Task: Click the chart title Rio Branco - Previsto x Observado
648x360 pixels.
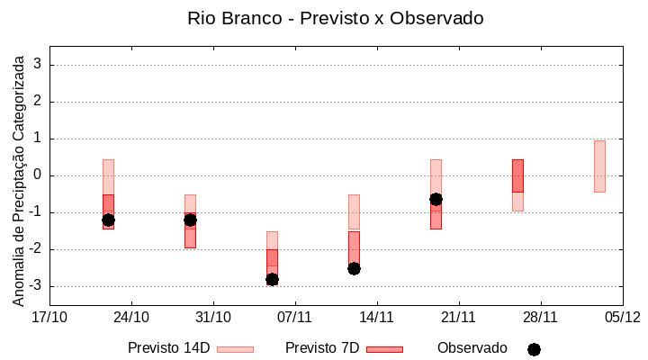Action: point(323,18)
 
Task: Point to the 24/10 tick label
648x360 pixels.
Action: point(131,317)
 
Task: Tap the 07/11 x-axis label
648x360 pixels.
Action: point(294,317)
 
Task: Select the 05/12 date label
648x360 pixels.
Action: point(622,317)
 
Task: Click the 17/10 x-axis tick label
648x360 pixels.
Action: point(49,317)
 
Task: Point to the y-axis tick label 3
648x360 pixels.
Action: point(39,65)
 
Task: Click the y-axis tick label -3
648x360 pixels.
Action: point(36,286)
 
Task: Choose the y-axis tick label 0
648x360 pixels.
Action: point(39,175)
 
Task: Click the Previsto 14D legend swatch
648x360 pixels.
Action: point(235,349)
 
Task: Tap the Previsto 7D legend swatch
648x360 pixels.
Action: point(384,349)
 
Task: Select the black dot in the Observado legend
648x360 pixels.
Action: point(534,349)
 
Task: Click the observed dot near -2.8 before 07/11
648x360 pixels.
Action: point(272,280)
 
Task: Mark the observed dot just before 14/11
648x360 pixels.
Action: point(354,268)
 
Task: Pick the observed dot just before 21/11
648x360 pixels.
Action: point(436,199)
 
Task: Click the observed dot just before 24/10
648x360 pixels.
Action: point(108,220)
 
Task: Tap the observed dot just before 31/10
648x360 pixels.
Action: point(190,220)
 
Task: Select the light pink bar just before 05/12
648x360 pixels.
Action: point(599,166)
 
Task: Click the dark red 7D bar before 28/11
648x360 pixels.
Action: point(517,175)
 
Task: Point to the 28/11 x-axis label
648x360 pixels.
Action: point(540,317)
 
